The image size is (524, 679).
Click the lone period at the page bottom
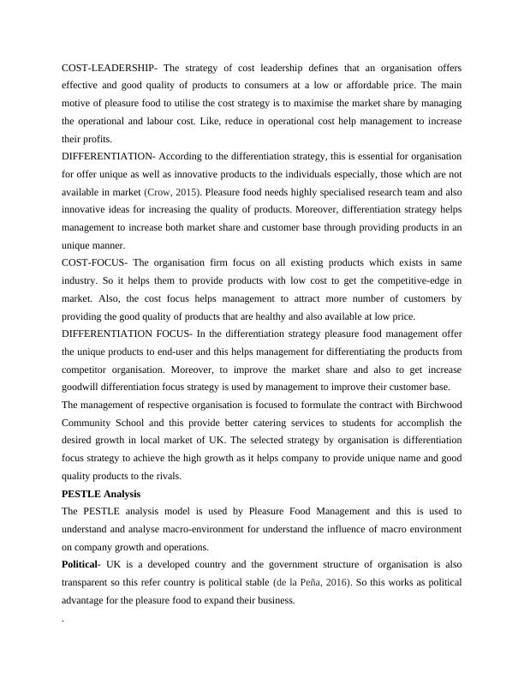click(x=63, y=619)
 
